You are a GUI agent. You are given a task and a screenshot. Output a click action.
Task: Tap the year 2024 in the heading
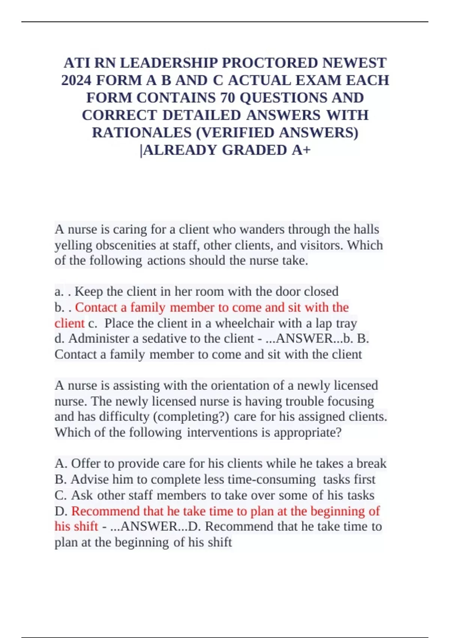click(x=76, y=80)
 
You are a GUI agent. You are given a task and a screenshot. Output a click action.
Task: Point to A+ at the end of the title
click(x=301, y=150)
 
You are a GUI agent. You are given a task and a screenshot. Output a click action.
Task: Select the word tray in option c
click(x=347, y=323)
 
